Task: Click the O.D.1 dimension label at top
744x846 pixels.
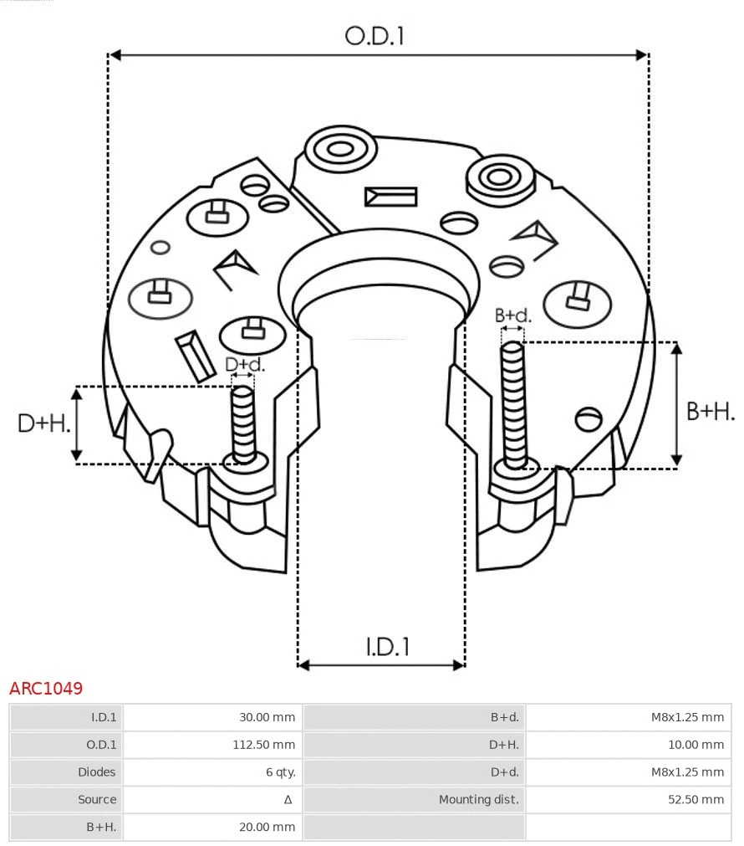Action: [x=375, y=36]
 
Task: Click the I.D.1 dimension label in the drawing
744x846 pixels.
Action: [x=387, y=646]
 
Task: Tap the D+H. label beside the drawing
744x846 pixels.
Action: [x=43, y=423]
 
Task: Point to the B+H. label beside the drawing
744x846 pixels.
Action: [x=711, y=411]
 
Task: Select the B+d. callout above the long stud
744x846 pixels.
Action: [x=512, y=315]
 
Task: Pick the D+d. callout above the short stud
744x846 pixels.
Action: [x=245, y=364]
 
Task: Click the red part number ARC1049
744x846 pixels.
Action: [x=46, y=689]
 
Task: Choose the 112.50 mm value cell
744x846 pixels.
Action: [x=263, y=745]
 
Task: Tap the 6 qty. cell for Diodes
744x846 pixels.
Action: [x=280, y=772]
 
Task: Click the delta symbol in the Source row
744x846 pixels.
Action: [x=288, y=800]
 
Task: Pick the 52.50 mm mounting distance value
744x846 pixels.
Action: [x=696, y=800]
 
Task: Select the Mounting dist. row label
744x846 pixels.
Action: [x=478, y=800]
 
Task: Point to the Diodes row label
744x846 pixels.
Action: [x=97, y=772]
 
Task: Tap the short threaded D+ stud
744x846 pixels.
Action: [x=244, y=424]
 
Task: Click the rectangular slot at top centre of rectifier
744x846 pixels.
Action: [x=390, y=197]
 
